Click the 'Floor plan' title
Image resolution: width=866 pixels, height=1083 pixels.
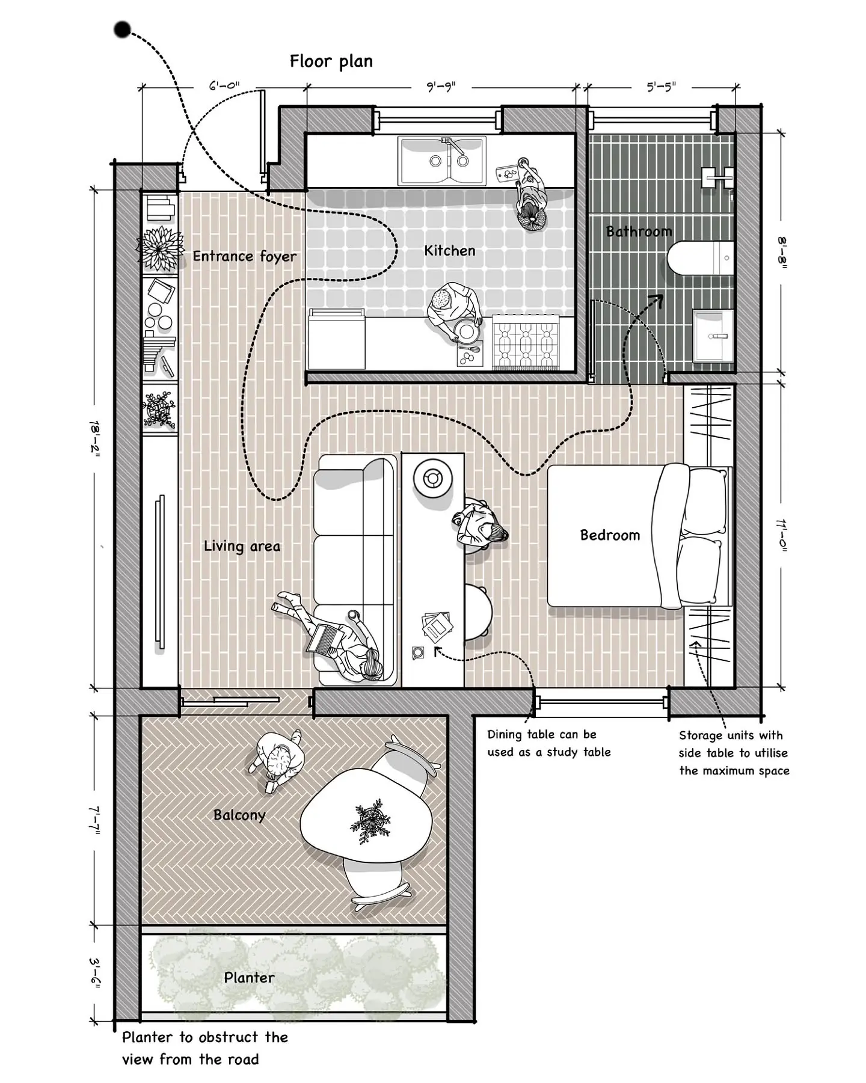point(331,61)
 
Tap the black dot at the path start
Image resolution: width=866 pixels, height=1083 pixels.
point(123,29)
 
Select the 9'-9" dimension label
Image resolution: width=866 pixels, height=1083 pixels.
point(441,87)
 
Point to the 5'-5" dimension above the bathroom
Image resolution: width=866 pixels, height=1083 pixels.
point(662,87)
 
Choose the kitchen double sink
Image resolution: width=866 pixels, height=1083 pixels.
point(442,161)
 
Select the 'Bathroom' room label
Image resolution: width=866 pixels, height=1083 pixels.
point(639,232)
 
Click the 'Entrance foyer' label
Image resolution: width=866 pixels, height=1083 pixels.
point(245,257)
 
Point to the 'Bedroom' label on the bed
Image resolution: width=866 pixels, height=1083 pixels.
point(610,535)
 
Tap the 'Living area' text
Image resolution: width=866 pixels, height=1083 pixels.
point(242,546)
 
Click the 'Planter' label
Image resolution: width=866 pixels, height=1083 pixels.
point(249,978)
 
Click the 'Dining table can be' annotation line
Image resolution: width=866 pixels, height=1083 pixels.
point(542,734)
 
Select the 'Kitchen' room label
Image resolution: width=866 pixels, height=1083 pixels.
point(450,251)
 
